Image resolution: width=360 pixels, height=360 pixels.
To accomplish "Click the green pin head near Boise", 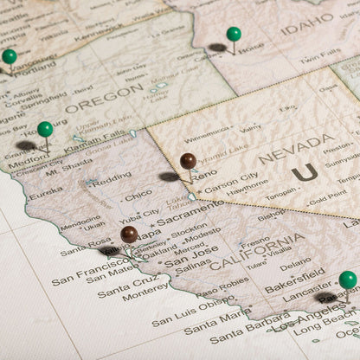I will [x=234, y=34].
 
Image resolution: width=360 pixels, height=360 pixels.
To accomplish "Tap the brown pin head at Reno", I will [x=188, y=160].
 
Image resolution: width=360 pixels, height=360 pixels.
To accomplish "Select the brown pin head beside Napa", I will [x=129, y=234].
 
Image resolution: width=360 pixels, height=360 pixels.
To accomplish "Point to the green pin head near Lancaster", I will [x=347, y=280].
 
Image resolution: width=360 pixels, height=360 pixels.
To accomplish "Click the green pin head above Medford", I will [x=45, y=129].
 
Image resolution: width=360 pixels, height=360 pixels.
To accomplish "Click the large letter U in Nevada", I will [x=304, y=173].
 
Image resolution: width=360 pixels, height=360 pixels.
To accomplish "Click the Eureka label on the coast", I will [x=46, y=196].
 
